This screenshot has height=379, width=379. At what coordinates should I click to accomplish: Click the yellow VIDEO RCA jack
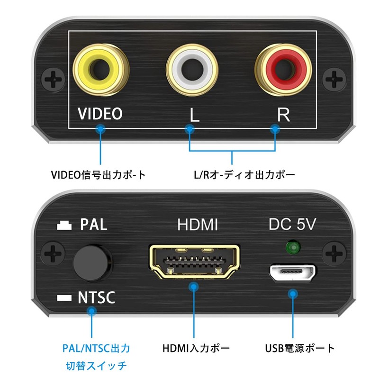(x=100, y=69)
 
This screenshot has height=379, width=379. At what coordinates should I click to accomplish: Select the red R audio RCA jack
(x=283, y=69)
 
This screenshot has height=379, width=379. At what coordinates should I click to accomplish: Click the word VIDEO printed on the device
(x=100, y=114)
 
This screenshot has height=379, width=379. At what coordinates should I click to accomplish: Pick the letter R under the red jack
(x=283, y=115)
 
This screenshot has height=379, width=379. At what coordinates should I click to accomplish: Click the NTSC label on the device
(x=96, y=298)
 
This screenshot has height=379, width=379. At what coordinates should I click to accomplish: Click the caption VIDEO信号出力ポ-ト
(x=98, y=175)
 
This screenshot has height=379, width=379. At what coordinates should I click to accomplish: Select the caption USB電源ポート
(x=299, y=349)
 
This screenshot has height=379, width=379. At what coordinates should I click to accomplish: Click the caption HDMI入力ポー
(x=196, y=349)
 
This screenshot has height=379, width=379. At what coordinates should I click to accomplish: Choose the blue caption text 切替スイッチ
(x=96, y=366)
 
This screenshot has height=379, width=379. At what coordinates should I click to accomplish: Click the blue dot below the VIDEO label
(x=100, y=128)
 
